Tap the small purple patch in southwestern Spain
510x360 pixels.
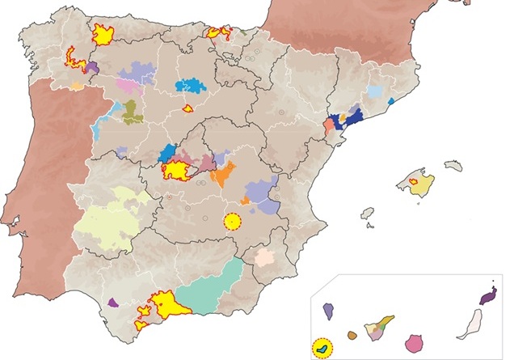click(x=113, y=301)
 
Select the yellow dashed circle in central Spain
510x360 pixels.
click(x=233, y=221)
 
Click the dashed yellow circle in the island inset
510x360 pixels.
click(x=322, y=349)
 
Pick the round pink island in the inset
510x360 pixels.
click(x=418, y=344)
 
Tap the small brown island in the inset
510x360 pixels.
click(x=352, y=334)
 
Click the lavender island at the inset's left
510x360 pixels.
click(x=329, y=309)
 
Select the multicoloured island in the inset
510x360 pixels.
click(x=378, y=330)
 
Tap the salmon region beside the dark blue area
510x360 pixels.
click(x=329, y=126)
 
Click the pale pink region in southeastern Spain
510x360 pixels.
click(x=265, y=258)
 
